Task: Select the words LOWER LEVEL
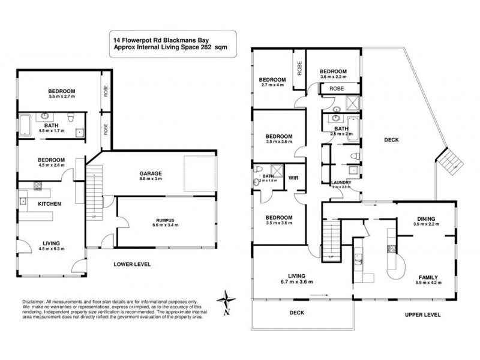tap(132, 264)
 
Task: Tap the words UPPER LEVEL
tap(422, 314)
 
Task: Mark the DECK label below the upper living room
tap(298, 312)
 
